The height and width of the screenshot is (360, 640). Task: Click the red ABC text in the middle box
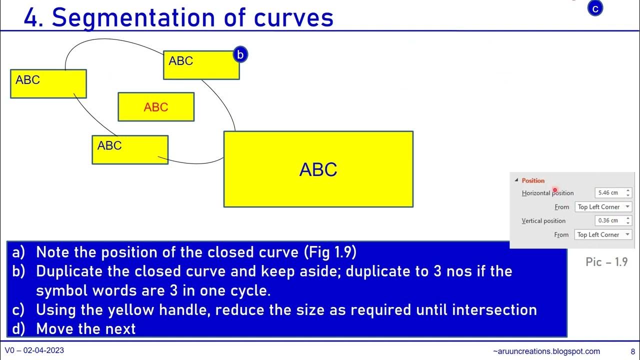[x=155, y=107]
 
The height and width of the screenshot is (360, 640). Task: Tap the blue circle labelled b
[x=240, y=54]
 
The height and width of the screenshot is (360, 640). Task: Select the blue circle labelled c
[x=595, y=8]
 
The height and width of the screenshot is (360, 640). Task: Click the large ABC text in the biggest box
[x=318, y=169]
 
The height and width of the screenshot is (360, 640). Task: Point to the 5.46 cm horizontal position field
[x=613, y=193]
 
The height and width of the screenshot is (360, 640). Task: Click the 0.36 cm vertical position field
[x=613, y=220]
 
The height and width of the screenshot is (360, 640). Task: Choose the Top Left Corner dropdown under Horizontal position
[x=603, y=207]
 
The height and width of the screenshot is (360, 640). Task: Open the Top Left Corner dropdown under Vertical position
[x=603, y=234]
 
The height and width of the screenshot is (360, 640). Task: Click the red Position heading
[x=533, y=180]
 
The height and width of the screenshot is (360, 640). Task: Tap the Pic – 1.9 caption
[x=606, y=262]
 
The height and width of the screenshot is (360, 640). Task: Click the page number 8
[x=633, y=351]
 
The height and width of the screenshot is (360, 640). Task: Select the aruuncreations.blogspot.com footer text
[x=546, y=351]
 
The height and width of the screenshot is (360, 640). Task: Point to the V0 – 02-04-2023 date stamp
[x=34, y=350]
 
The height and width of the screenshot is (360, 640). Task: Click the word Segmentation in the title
[x=133, y=18]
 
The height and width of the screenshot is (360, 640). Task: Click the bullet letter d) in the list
[x=18, y=328]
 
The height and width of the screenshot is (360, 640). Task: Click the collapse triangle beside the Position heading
[x=516, y=180]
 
